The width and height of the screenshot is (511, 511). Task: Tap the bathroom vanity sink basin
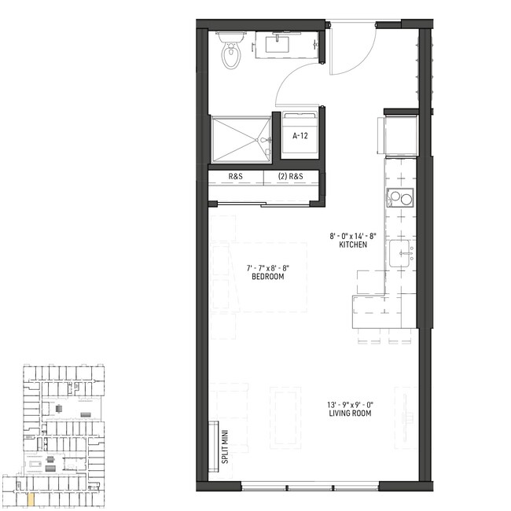(x=277, y=44)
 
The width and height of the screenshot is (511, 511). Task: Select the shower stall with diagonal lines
(x=241, y=139)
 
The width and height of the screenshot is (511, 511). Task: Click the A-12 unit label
(x=300, y=136)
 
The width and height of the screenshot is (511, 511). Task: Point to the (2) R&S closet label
(x=290, y=176)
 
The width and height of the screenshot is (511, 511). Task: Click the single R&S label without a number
(x=235, y=176)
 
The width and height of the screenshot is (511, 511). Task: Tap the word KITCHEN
(x=353, y=244)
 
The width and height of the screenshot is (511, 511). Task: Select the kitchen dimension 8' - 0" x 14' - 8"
(x=353, y=236)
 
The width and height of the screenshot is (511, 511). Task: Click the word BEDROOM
(x=268, y=277)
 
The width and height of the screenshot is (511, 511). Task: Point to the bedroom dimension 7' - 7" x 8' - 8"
(x=268, y=268)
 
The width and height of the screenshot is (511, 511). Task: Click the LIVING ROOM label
(x=350, y=414)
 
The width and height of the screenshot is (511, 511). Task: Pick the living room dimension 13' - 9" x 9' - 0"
(x=350, y=405)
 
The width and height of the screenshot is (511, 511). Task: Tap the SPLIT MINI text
(x=225, y=447)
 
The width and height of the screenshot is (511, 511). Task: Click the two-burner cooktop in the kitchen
(x=400, y=197)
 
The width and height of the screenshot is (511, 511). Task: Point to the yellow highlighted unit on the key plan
(x=31, y=499)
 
